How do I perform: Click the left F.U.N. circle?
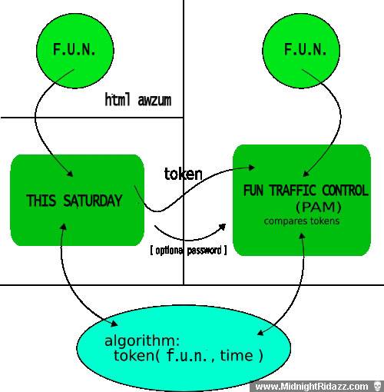coord(75,50)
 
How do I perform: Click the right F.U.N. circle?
coord(301,51)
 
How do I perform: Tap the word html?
coord(118,99)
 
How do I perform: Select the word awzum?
coord(154,101)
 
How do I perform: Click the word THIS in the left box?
coord(41,201)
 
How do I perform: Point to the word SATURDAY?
coord(93,201)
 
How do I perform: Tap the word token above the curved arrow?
coord(183,174)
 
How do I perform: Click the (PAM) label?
coord(319,208)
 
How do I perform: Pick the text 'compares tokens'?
coord(302,221)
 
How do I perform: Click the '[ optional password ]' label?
coord(188,250)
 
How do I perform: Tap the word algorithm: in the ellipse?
coord(142,341)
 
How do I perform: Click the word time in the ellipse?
coord(237,356)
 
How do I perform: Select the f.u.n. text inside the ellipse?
coord(187,355)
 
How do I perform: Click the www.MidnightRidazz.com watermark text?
coord(312,386)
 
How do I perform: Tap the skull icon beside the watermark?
coord(377,386)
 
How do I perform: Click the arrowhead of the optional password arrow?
coord(223,227)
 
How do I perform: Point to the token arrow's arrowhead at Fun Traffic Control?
coord(252,168)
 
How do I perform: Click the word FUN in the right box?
coord(253,191)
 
